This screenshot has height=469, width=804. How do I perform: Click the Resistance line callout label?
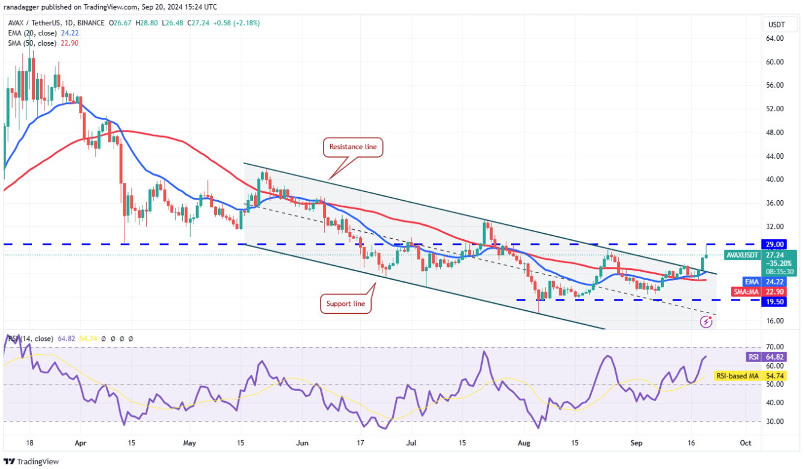354,147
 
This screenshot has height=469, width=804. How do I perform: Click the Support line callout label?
346,304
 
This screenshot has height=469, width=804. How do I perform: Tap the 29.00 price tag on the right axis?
775,244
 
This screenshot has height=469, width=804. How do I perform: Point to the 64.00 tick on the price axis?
775,38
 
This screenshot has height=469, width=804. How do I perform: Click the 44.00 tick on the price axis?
775,156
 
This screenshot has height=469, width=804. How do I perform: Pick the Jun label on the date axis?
302,443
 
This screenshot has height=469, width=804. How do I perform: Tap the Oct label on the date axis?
746,443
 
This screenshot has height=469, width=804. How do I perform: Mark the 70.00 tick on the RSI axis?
775,347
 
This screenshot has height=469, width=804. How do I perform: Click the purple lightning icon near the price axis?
707,322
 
